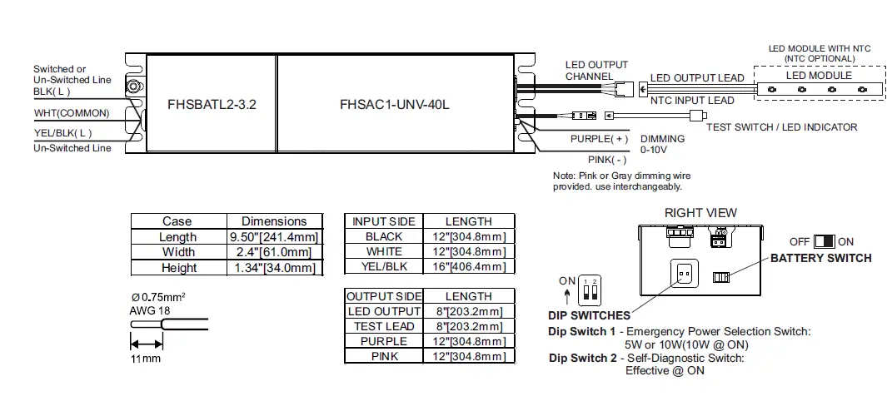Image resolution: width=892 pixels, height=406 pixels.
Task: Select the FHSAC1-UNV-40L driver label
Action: coord(395,105)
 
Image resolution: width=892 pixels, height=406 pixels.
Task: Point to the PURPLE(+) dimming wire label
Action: coord(599,139)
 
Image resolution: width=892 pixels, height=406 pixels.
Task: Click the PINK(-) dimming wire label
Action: coord(605,159)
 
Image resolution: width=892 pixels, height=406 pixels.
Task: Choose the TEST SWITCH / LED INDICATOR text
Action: coord(781,127)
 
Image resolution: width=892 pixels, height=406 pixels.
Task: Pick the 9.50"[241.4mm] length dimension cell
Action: coord(274,237)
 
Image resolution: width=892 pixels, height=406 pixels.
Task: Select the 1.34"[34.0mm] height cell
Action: coord(274,267)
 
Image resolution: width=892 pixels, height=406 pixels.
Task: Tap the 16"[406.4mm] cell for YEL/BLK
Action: coord(469,266)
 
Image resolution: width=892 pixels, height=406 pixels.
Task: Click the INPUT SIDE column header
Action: coord(384,221)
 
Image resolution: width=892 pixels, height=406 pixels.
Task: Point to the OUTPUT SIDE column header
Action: coord(384,296)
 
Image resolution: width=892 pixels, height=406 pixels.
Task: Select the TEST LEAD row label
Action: coord(384,326)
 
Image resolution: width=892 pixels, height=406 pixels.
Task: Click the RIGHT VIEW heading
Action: coord(700,212)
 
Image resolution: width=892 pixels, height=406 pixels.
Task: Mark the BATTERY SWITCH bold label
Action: coord(820,258)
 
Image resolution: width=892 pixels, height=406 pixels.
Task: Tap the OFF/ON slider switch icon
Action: coord(824,241)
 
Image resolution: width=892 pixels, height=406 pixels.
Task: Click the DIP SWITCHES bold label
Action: coord(589,315)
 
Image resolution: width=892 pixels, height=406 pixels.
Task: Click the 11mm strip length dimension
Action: coord(145,359)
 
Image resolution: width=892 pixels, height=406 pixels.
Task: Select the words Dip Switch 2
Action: coord(581,358)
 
